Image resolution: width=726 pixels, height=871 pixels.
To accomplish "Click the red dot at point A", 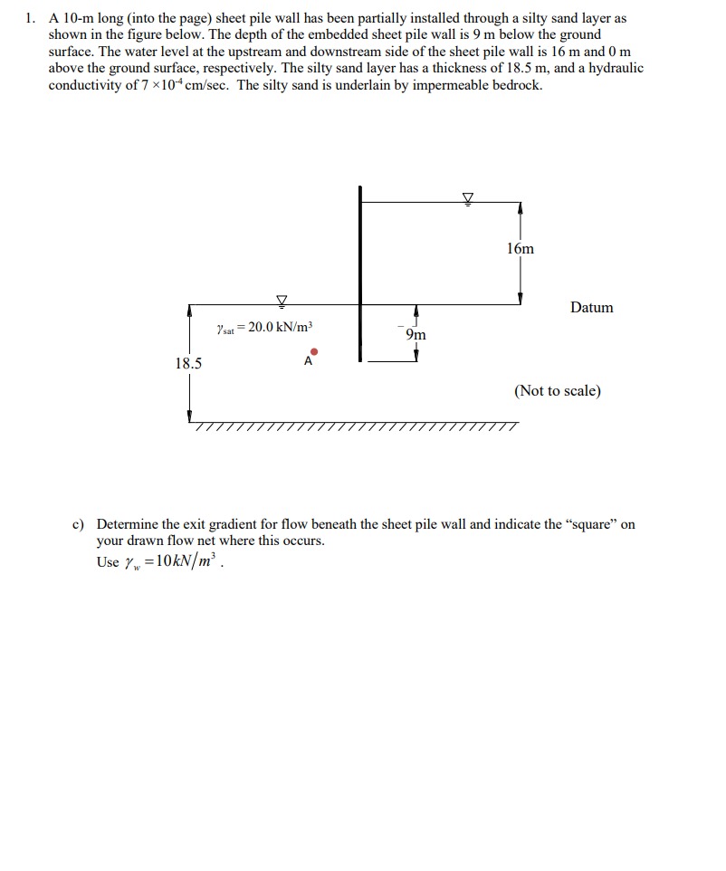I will tap(313, 350).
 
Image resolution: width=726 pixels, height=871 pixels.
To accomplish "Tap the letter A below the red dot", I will tap(308, 361).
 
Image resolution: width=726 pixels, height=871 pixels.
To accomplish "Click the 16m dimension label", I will tap(521, 248).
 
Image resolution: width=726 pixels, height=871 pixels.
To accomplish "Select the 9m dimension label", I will tap(416, 335).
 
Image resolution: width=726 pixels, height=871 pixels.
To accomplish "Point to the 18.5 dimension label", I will tap(188, 364).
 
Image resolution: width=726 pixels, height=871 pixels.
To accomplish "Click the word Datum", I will tap(591, 308).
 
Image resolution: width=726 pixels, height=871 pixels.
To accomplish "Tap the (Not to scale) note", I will tap(557, 391).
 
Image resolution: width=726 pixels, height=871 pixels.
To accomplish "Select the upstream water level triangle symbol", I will tap(468, 198).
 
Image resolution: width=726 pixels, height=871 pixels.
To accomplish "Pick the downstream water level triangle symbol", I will tap(282, 300).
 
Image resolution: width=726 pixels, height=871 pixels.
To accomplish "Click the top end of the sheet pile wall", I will tap(359, 189).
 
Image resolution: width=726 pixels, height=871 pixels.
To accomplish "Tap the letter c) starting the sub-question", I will tap(78, 524).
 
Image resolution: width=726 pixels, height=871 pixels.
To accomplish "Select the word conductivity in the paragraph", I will tap(82, 85).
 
